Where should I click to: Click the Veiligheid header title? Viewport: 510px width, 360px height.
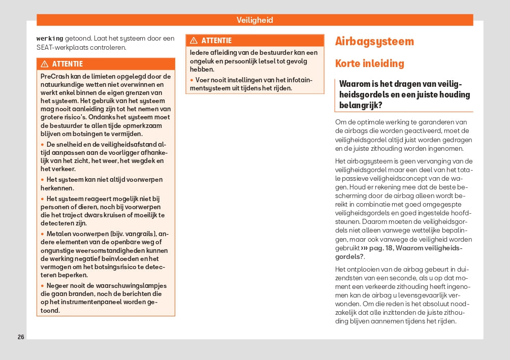point(254,20)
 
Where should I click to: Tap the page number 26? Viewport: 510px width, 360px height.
point(21,337)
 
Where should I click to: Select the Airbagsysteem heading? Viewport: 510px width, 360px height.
point(374,42)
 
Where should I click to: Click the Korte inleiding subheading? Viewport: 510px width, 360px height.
point(370,64)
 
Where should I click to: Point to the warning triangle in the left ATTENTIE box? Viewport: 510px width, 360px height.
point(45,64)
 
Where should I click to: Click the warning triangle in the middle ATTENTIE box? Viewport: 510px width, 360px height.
point(194,41)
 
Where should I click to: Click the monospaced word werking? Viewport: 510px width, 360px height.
point(50,39)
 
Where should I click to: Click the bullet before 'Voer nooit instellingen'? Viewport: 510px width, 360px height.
point(192,80)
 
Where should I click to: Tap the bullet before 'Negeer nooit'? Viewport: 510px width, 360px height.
point(42,286)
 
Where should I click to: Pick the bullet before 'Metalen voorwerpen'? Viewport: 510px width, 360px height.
point(42,234)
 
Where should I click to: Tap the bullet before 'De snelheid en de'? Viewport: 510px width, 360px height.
point(42,145)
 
